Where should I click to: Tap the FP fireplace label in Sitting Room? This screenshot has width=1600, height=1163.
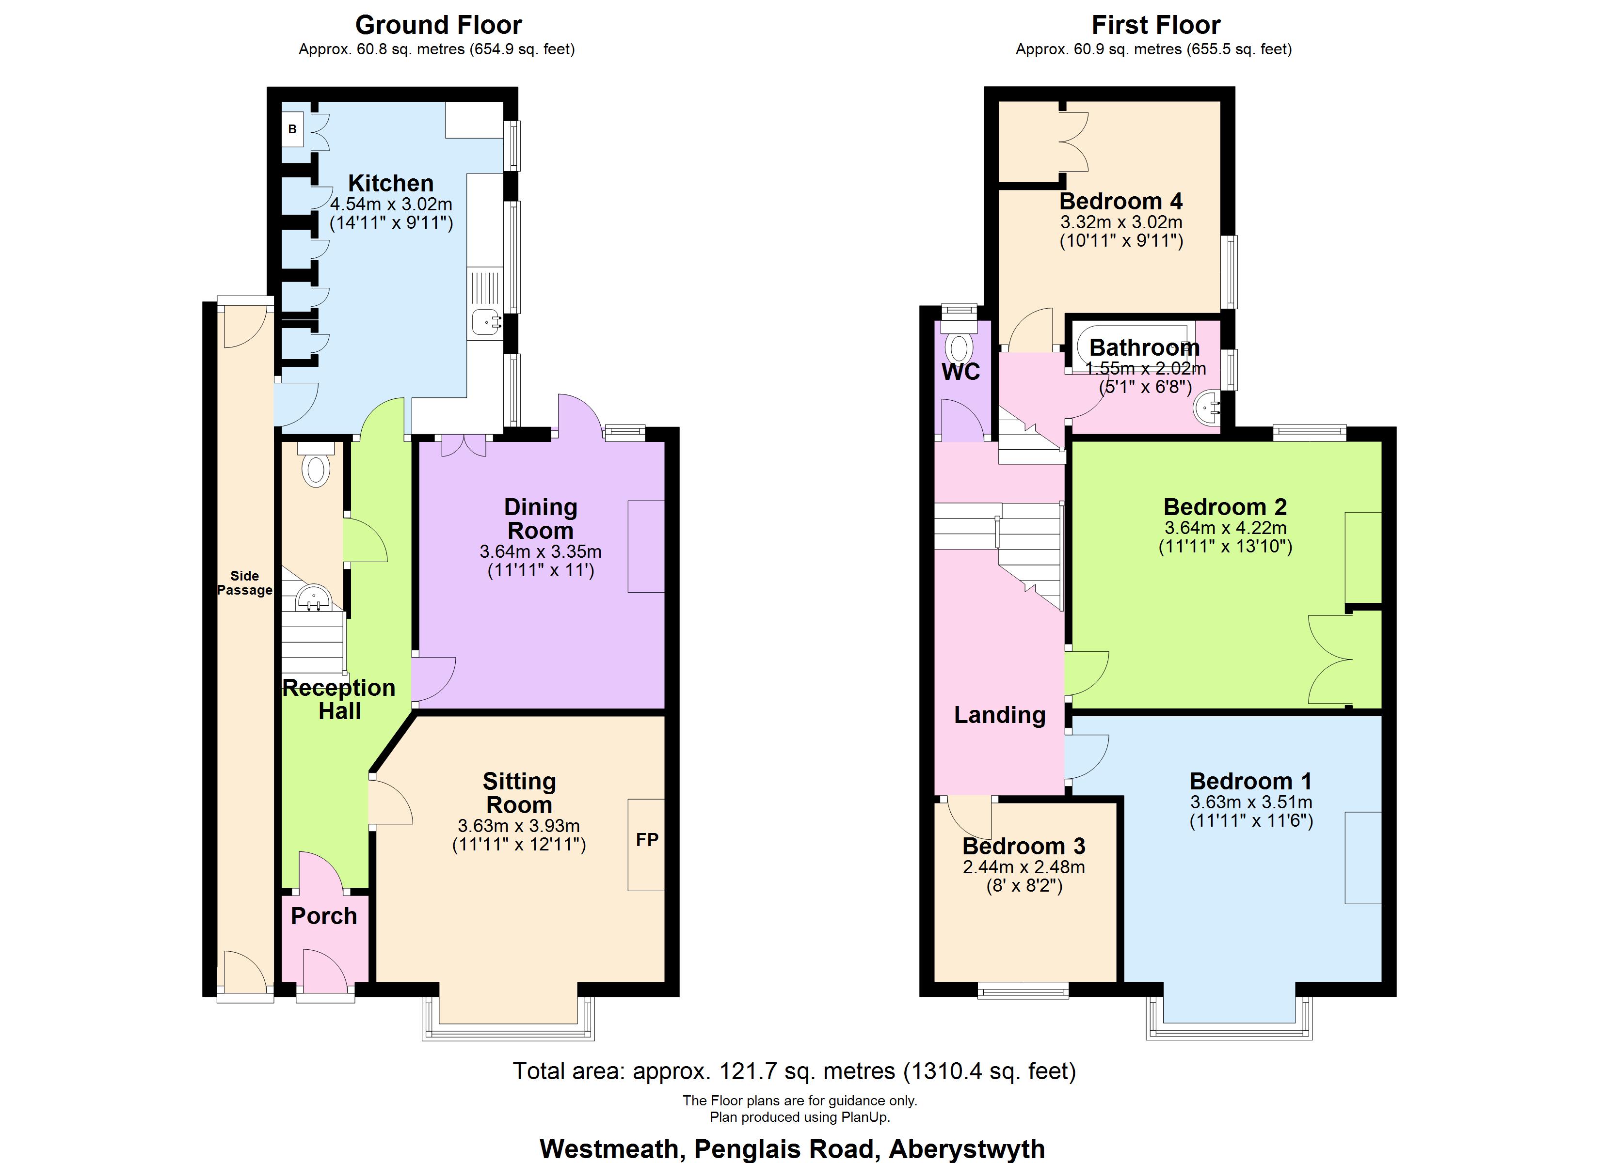click(x=647, y=839)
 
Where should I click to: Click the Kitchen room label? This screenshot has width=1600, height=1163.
click(x=391, y=183)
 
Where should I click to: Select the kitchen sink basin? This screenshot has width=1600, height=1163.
click(x=484, y=322)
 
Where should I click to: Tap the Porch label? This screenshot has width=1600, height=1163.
click(x=324, y=915)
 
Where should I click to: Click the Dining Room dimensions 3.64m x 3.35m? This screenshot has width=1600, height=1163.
click(x=541, y=551)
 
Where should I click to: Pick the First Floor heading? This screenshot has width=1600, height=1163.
click(x=1155, y=25)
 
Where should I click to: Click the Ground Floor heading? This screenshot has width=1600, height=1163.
click(x=438, y=25)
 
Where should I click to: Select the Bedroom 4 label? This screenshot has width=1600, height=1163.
click(x=1120, y=201)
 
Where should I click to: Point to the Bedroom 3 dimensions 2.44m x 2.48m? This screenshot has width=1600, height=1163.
click(x=1024, y=867)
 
